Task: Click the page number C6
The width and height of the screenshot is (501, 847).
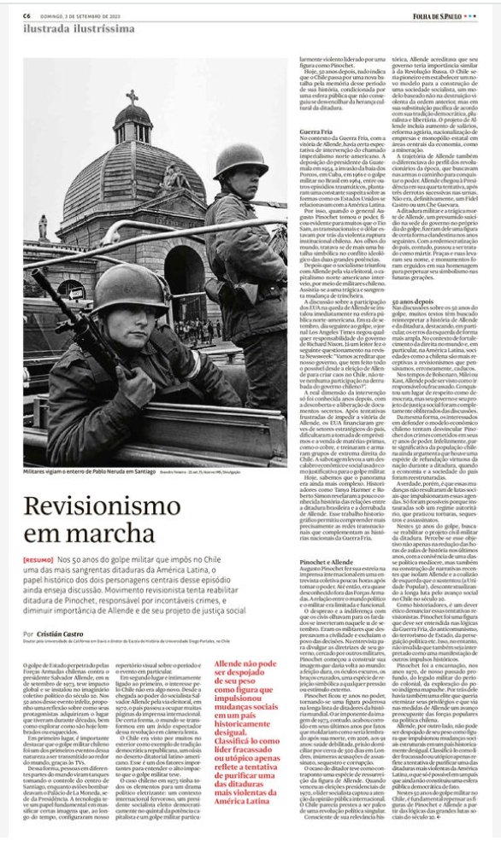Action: [27, 15]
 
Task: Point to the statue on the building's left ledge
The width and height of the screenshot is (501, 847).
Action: [43, 226]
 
